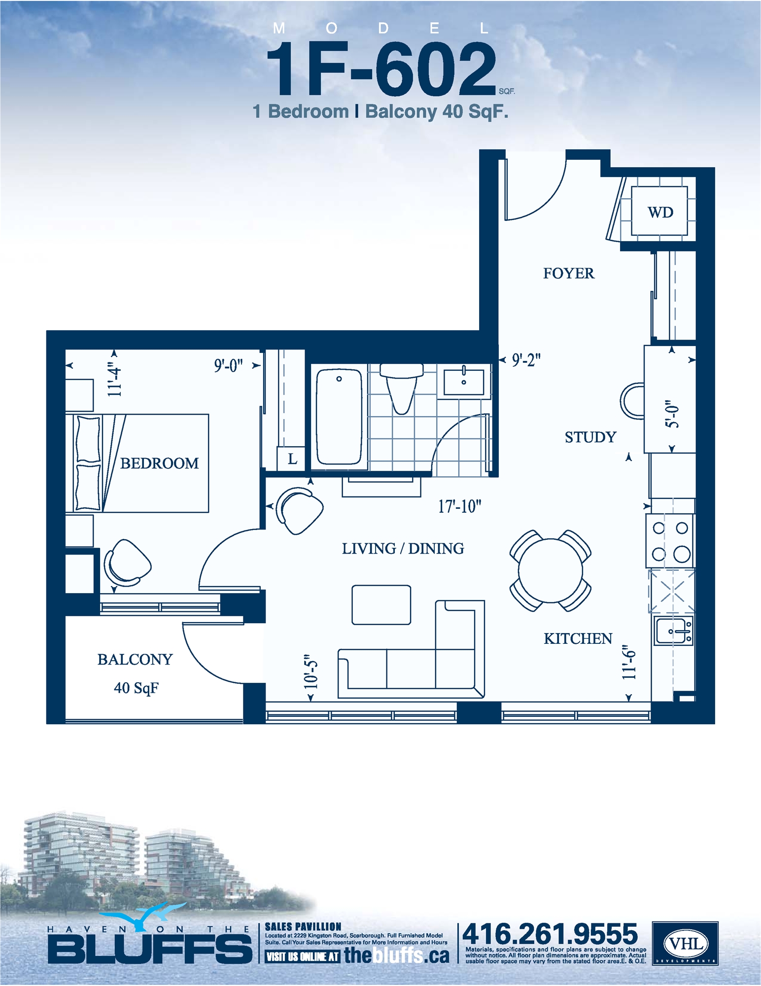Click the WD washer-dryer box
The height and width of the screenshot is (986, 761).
click(x=659, y=212)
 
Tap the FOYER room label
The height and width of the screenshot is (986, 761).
click(x=568, y=274)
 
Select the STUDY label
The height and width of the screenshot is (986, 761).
click(x=590, y=437)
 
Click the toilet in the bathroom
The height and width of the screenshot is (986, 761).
click(x=402, y=387)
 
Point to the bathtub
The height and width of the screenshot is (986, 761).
click(x=339, y=417)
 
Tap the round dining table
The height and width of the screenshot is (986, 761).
click(x=550, y=570)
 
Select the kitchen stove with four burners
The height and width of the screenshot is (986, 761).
click(x=670, y=541)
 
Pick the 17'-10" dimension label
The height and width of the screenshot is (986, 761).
click(x=459, y=506)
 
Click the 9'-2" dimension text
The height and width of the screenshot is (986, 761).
click(x=526, y=360)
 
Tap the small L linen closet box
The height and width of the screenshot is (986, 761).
click(x=292, y=459)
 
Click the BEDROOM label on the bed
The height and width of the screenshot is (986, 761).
click(x=159, y=463)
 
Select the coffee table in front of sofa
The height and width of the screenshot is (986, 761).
click(x=381, y=605)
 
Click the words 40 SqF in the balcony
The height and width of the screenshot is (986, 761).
click(x=136, y=688)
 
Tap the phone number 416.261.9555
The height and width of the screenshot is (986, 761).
click(x=550, y=934)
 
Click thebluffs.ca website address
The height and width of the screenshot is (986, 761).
click(x=396, y=955)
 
